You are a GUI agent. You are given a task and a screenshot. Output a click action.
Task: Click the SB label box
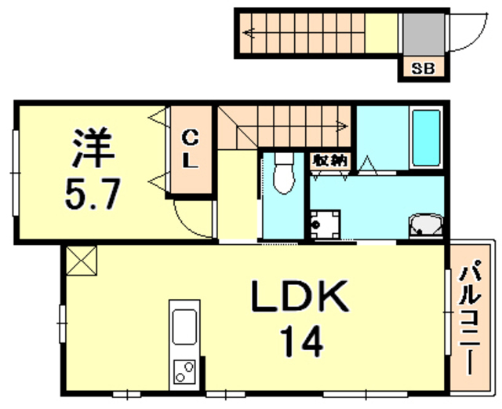click(x=424, y=68)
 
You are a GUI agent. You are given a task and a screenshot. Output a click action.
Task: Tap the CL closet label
click(x=190, y=149)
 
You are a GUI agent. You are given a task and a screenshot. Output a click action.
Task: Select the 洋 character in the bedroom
click(x=93, y=148)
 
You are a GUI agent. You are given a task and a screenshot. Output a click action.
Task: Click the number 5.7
click(x=93, y=194)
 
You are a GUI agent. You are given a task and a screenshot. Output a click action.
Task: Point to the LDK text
click(x=300, y=296)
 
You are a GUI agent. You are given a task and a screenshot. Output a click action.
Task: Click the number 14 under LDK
click(x=301, y=341)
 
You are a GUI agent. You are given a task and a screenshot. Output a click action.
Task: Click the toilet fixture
click(x=284, y=173)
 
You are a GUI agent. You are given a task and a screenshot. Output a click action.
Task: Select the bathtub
click(x=426, y=137)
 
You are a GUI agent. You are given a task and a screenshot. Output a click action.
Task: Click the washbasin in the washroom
click(x=426, y=225)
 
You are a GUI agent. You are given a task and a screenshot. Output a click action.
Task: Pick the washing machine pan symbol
click(x=325, y=225)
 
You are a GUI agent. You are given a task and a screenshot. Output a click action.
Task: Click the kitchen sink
click(x=184, y=327)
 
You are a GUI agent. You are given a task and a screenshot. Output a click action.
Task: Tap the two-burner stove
click(x=184, y=372)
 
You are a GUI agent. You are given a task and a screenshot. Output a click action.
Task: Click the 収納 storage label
click(x=330, y=160)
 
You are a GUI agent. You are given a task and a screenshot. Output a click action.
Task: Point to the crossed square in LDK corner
click(x=82, y=261)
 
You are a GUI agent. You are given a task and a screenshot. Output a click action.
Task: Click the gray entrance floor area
click(x=424, y=35)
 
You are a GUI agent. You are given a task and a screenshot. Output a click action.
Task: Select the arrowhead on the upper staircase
click(x=249, y=33)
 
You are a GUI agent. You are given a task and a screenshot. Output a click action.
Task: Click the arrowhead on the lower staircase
click(x=343, y=126)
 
